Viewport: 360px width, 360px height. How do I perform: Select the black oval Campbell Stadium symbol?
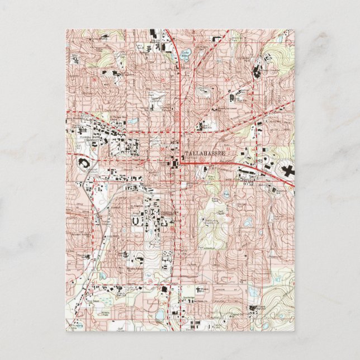pyautogui.click(x=82, y=164)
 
